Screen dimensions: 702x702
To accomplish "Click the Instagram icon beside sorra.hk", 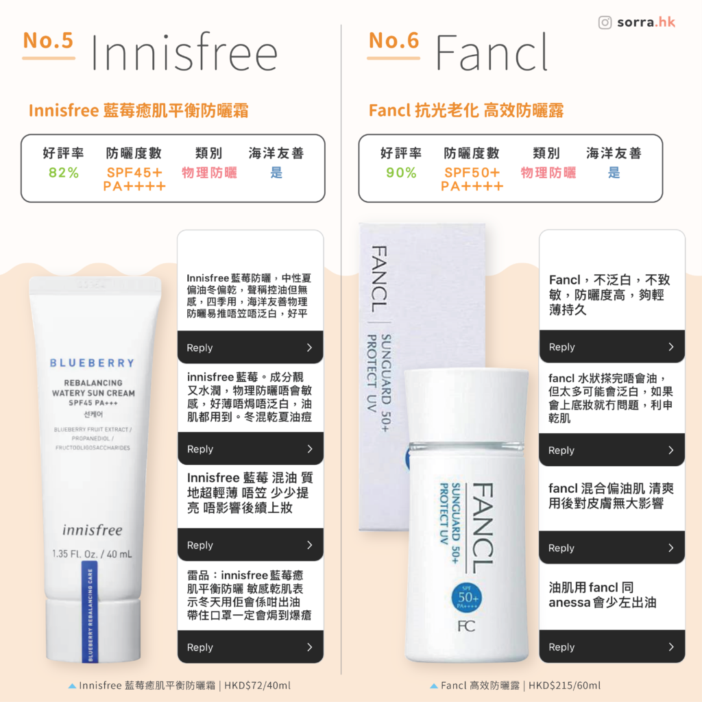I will tap(605, 23).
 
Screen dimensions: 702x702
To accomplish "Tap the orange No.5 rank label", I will tap(48, 40).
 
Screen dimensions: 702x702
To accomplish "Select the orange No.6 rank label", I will tap(394, 40).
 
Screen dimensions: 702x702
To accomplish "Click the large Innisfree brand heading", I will tap(184, 53).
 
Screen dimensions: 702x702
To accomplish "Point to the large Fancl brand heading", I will tap(492, 53).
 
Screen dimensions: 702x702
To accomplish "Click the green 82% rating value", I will tap(64, 173).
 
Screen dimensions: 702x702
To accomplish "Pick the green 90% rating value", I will tap(401, 173).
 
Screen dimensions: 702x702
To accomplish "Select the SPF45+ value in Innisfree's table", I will tap(134, 173).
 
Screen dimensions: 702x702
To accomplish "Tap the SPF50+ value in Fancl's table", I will tap(472, 173).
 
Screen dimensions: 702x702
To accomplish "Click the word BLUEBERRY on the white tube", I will tap(92, 363).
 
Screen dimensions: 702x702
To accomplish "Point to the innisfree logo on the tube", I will tap(92, 530).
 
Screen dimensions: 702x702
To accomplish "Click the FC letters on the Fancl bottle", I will tap(465, 626).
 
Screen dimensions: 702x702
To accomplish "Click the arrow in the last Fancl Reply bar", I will tap(670, 647).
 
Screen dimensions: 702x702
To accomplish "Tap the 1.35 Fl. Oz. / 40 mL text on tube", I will tap(92, 554).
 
